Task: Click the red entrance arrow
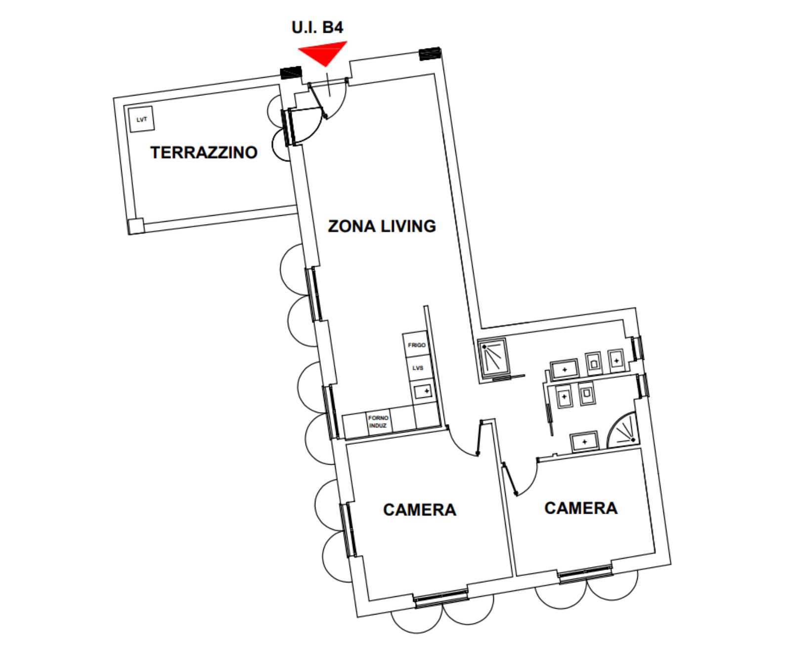324,51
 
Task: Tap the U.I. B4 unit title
317,27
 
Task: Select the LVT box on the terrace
142,119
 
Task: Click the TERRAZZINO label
204,152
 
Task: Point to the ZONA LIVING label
382,226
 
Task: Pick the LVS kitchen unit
418,368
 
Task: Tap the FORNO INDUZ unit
379,422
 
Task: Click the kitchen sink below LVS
422,391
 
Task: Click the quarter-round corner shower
623,429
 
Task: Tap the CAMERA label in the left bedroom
419,510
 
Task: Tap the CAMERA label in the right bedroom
581,508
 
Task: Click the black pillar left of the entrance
291,73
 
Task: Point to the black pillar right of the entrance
430,53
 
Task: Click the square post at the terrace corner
135,226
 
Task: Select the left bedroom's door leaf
479,438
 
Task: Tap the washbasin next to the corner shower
584,441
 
